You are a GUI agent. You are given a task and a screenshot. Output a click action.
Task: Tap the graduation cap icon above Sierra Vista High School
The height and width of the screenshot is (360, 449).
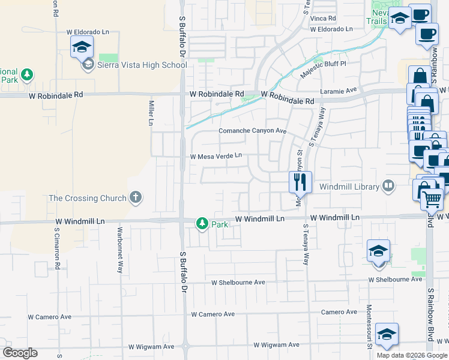(82, 46)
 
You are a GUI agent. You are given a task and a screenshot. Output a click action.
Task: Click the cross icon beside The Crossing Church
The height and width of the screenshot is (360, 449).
(136, 197)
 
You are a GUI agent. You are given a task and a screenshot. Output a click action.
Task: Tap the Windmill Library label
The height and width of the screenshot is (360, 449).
(349, 187)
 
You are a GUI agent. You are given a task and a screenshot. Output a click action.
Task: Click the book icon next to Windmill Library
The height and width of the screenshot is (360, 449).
(389, 187)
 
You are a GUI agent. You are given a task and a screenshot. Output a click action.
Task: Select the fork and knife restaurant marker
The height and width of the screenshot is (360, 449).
(300, 181)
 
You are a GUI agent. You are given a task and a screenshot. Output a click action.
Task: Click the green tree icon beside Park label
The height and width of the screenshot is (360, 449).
(202, 224)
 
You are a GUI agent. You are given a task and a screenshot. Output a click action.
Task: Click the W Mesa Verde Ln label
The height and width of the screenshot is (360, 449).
(216, 156)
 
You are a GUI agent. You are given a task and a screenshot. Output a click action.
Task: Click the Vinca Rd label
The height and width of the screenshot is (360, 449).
(322, 18)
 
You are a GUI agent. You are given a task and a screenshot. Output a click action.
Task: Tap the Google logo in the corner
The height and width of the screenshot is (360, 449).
(19, 353)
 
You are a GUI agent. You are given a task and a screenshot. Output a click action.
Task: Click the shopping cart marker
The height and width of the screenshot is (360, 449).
(432, 199)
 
